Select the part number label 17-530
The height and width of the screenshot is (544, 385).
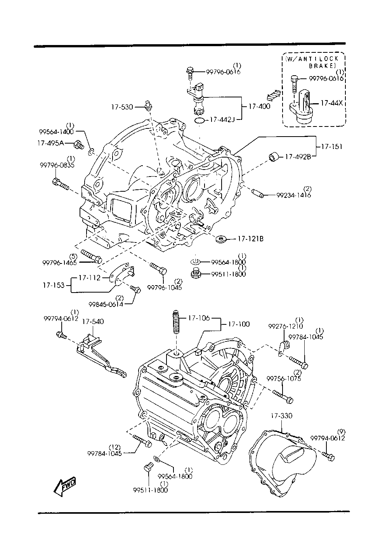coord(122,107)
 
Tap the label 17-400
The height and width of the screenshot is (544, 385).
coord(259,106)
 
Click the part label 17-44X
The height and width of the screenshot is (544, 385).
coord(331,103)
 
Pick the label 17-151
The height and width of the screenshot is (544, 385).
coord(331,146)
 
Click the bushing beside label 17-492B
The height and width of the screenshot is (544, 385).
coord(274,157)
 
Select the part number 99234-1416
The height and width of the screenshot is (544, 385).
coord(293,195)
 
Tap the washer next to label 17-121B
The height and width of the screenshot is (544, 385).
coord(221,239)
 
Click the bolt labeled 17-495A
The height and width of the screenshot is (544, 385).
coord(79,145)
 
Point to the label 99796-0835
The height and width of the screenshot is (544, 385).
coord(57,165)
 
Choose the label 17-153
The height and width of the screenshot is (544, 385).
coord(54,285)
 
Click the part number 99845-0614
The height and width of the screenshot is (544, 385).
coord(106,304)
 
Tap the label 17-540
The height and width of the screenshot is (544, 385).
coord(93,322)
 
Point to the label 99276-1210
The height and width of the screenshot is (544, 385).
coord(285,326)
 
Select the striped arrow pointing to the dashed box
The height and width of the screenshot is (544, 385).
coord(273,95)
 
